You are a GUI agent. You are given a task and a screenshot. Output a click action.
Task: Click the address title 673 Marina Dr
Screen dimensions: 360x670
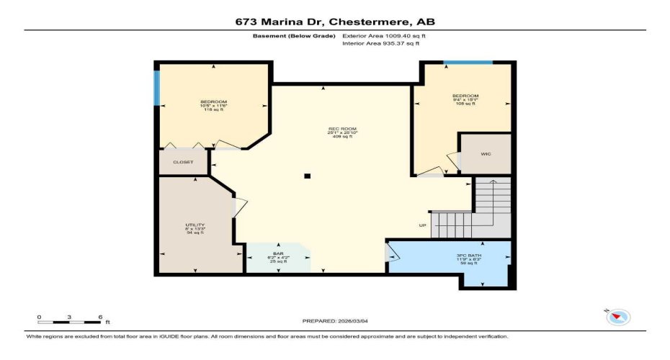point(335,22)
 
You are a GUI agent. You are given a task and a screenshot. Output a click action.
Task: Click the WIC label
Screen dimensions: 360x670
point(486,154)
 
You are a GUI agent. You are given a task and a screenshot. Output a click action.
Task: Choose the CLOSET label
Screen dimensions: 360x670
point(183,162)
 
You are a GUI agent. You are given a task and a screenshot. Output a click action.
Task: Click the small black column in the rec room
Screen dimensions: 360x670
point(308,176)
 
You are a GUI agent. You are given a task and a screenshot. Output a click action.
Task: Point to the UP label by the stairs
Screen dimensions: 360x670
point(423,225)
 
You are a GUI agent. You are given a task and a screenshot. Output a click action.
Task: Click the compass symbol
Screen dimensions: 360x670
point(618,316)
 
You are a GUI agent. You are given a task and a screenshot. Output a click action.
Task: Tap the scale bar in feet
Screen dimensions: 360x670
point(69,321)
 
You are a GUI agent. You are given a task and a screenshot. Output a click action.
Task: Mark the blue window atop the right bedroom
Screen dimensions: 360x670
point(468,63)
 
